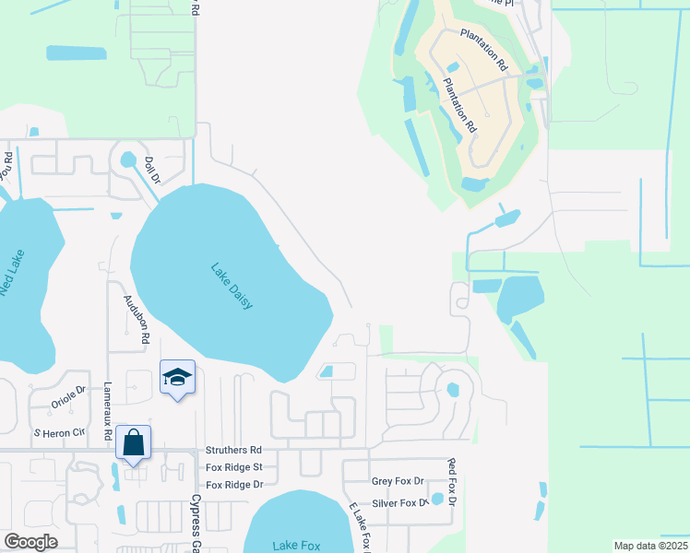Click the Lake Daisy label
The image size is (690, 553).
coord(232,287)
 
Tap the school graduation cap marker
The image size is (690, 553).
coord(177,378)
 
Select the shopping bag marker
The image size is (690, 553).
coord(134,443)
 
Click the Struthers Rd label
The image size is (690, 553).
coord(234,450)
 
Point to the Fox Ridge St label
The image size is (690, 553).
coord(234,467)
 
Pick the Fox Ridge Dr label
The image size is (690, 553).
coord(234,484)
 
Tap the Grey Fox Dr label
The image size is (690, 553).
coord(397,481)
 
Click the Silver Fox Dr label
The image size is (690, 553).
coord(399,503)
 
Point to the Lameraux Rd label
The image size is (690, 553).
coord(108,410)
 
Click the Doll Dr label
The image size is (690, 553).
coord(152,171)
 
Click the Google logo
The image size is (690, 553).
coord(31,542)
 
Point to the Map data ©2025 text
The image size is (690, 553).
coord(650,546)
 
